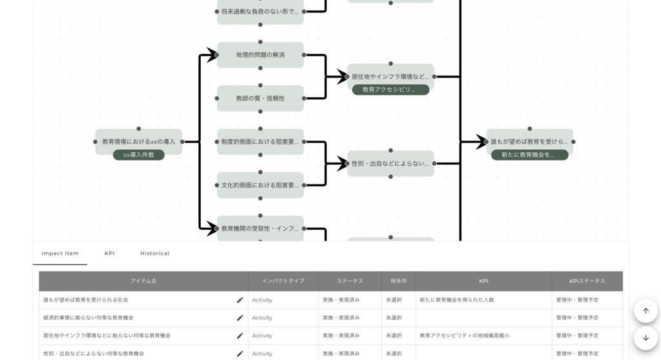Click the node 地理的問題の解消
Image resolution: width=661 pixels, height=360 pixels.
point(260,55)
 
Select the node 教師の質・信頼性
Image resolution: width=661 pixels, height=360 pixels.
point(260,98)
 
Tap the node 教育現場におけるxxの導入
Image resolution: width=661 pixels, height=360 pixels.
point(139,141)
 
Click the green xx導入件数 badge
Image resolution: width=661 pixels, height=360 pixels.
point(139,155)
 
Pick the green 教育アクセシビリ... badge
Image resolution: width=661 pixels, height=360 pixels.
point(391,90)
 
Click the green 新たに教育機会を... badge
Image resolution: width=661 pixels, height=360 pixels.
point(529,155)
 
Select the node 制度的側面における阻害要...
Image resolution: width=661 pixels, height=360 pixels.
point(260,141)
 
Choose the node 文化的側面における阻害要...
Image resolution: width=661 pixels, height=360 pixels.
point(260,185)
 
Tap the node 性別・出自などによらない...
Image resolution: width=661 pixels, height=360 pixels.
point(391,163)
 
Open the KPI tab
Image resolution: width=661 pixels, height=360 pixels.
point(110,254)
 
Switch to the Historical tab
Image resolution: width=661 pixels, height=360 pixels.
point(155,254)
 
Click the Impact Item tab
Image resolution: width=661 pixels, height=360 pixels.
point(60,254)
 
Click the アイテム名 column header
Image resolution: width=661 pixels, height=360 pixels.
point(143,281)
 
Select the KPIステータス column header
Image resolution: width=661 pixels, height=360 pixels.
point(587,281)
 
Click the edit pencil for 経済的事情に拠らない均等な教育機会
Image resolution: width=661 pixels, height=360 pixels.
point(240,318)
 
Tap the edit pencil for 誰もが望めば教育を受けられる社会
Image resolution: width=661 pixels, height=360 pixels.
point(240,300)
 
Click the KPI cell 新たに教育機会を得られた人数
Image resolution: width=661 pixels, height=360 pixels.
point(457,300)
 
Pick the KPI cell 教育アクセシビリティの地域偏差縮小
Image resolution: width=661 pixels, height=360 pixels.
point(465,335)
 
